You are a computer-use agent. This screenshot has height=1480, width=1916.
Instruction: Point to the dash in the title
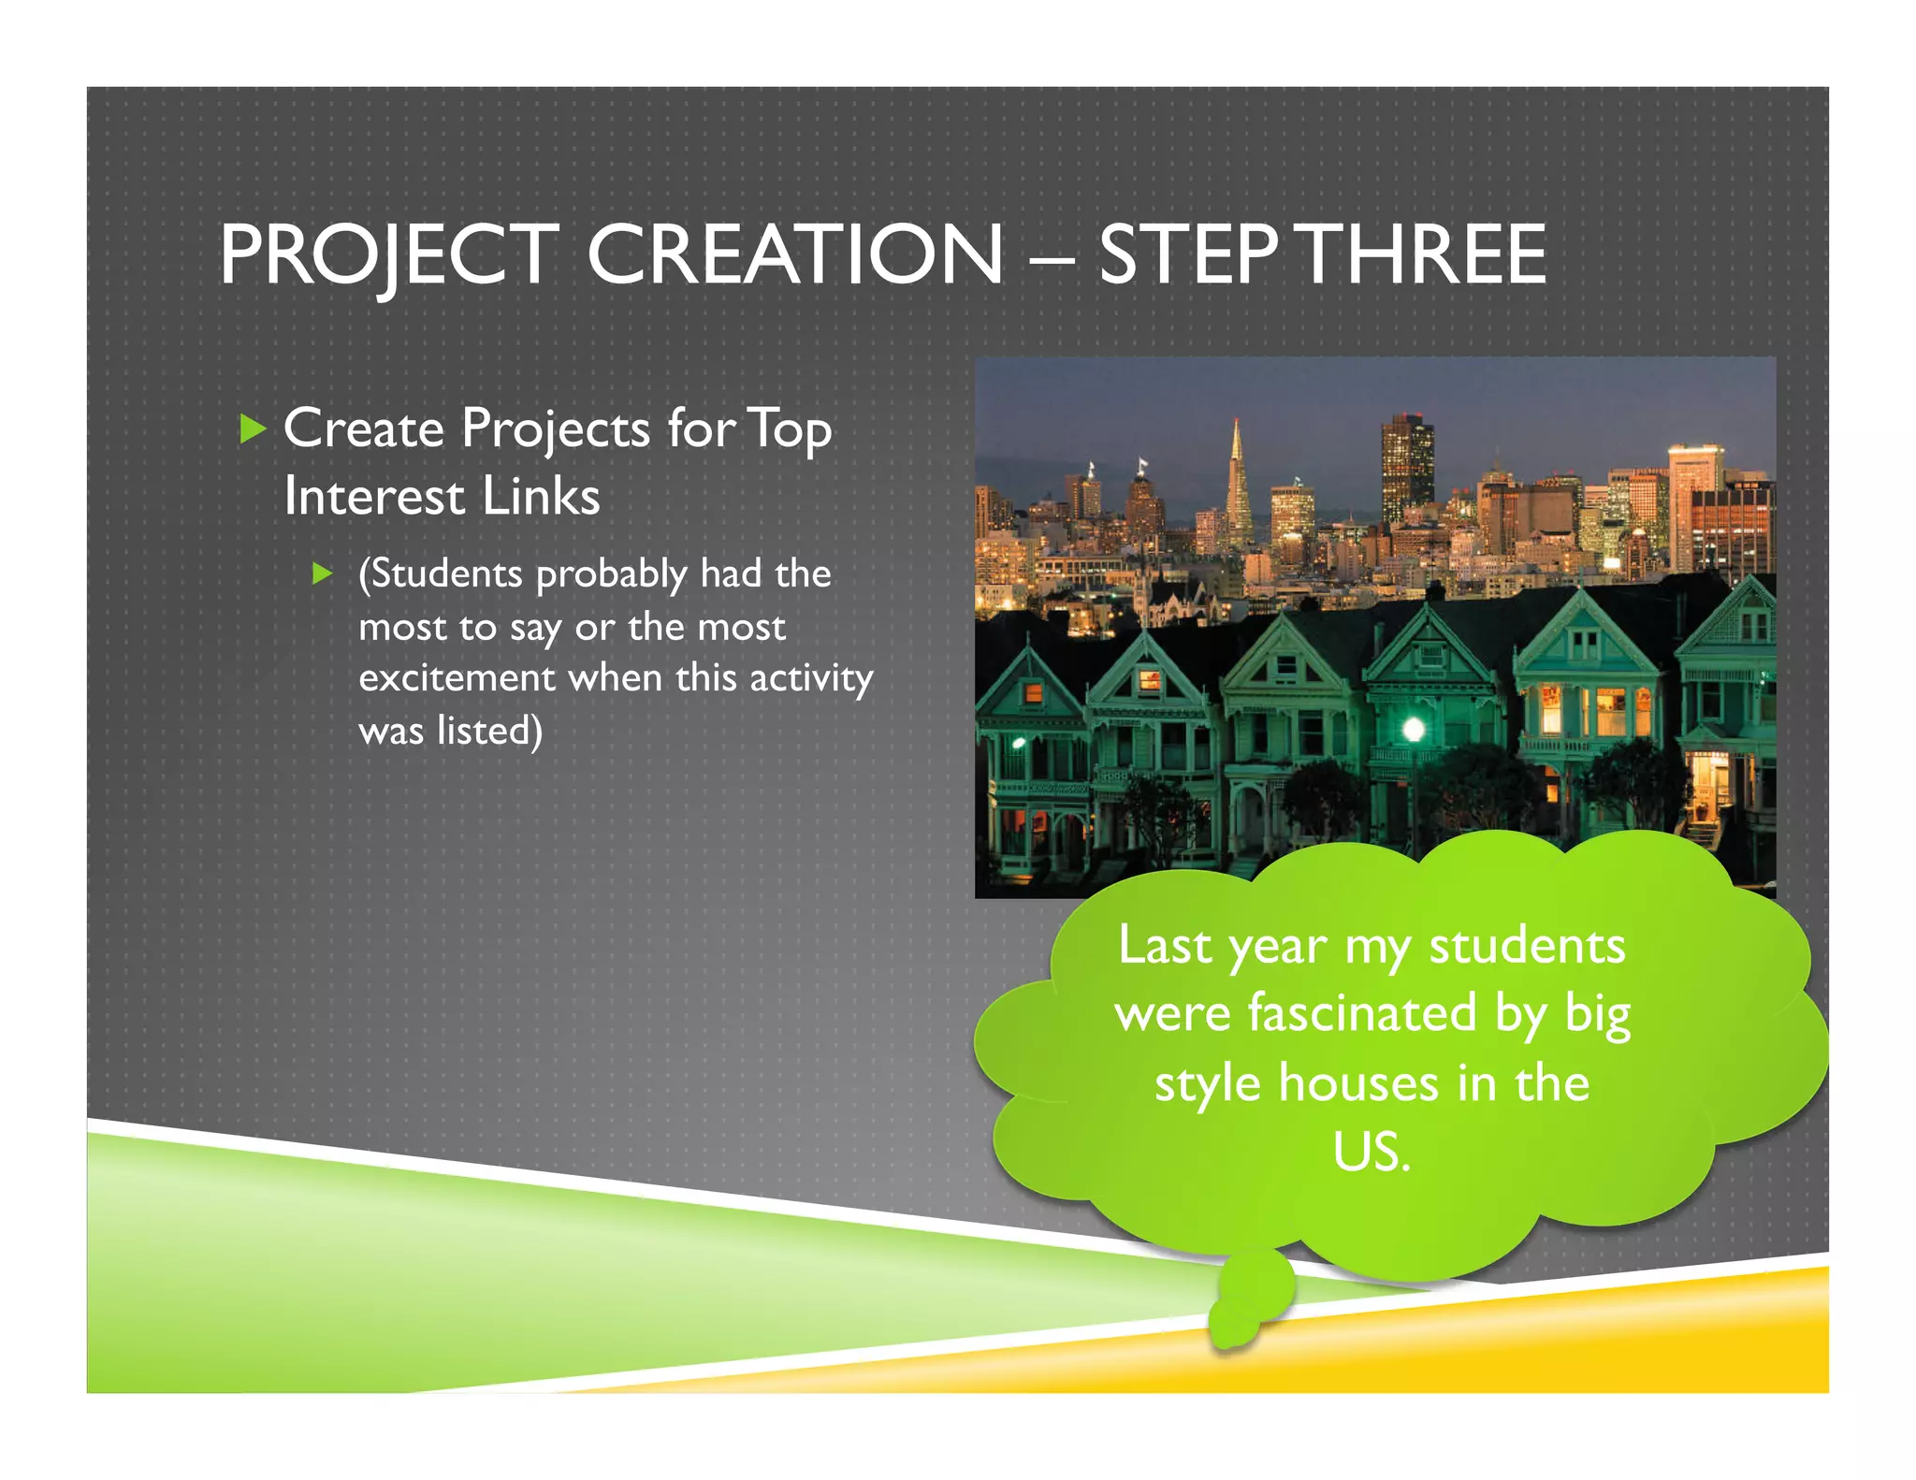(x=1051, y=256)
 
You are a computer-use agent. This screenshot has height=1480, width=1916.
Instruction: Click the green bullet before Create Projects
(x=252, y=429)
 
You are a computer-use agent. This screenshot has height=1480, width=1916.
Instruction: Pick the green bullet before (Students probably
(x=323, y=573)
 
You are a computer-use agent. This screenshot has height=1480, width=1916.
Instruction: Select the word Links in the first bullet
(x=541, y=496)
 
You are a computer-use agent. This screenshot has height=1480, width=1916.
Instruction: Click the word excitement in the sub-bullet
(x=457, y=677)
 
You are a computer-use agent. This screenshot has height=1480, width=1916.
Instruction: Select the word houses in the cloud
(x=1358, y=1083)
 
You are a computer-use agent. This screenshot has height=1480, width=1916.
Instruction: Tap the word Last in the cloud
(x=1166, y=945)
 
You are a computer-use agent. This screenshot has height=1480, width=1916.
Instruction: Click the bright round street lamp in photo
(x=1414, y=729)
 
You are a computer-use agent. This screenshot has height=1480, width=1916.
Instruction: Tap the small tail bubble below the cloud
(x=1249, y=1300)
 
